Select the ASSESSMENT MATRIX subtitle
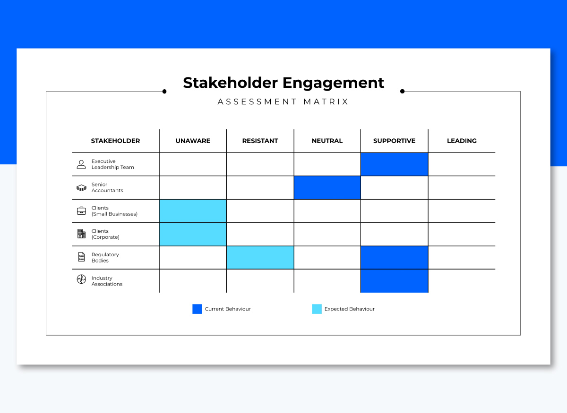point(283,101)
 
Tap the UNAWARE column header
point(193,141)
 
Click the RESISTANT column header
point(260,141)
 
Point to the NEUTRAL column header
point(327,141)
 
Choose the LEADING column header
point(462,141)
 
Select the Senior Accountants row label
point(107,187)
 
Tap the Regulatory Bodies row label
point(105,258)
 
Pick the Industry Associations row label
point(107,281)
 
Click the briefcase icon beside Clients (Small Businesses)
point(81,211)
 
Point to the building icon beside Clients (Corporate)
point(81,234)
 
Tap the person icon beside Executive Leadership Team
point(81,164)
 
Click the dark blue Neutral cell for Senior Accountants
point(327,187)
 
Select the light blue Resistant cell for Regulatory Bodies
point(260,258)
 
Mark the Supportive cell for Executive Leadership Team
point(394,164)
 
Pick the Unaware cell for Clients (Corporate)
point(193,234)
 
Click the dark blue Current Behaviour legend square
point(197,309)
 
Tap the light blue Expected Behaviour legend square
point(317,309)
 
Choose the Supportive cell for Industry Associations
point(394,281)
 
